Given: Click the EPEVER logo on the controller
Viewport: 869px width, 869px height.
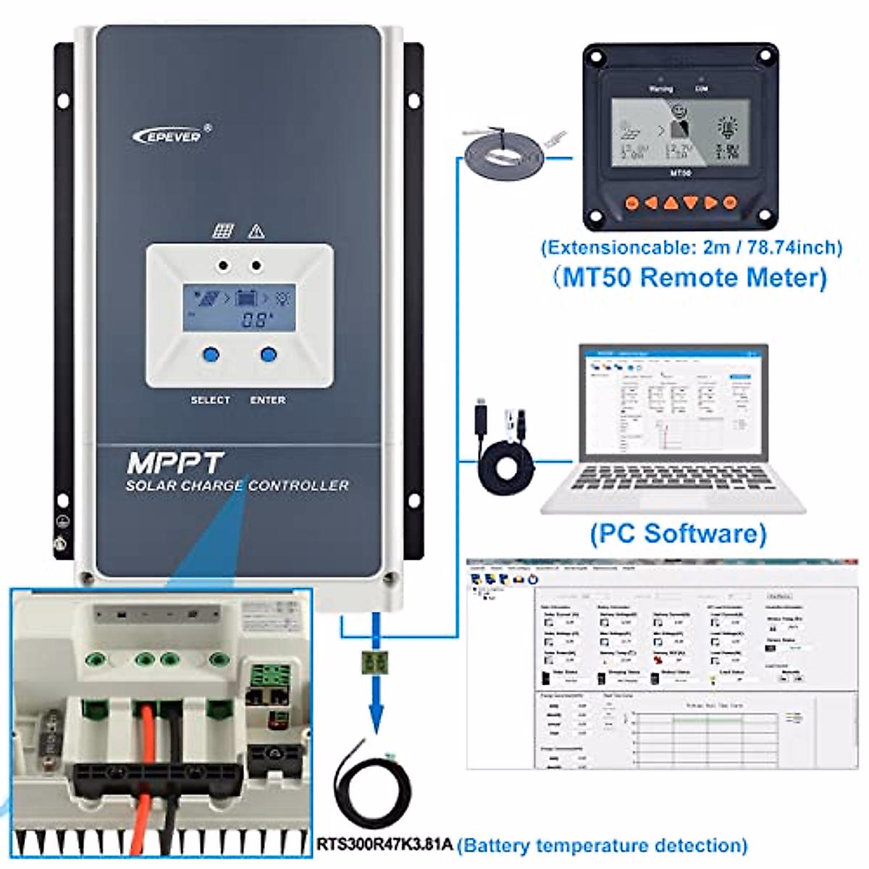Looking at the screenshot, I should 172,134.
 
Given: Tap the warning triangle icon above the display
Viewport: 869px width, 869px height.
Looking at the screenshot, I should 256,232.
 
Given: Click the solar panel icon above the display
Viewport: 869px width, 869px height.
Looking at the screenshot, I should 223,232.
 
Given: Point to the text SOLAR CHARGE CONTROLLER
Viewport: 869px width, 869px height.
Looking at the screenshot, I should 237,486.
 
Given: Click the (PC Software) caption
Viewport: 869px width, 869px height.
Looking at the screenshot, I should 677,534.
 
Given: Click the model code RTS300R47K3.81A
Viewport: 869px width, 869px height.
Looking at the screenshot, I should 385,844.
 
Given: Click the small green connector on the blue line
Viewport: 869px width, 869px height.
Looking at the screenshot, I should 376,661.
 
